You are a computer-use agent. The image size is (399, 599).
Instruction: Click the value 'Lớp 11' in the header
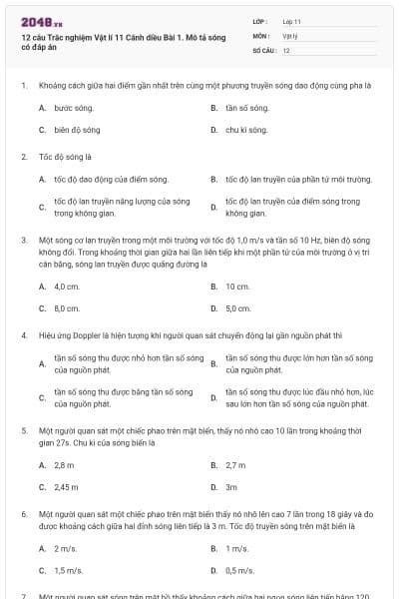(x=292, y=20)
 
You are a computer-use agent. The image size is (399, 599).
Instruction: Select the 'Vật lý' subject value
(x=290, y=35)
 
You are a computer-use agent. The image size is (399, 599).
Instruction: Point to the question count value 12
(x=286, y=50)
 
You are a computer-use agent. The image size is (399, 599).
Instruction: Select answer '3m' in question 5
(x=231, y=487)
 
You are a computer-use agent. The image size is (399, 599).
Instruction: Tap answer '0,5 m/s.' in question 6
(x=239, y=571)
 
